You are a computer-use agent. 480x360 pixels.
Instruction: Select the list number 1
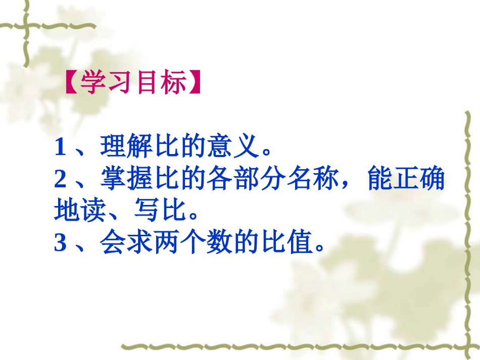tap(60, 148)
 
